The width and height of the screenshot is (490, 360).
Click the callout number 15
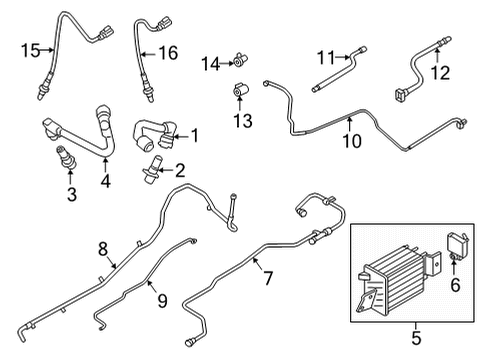[x=30, y=50]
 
